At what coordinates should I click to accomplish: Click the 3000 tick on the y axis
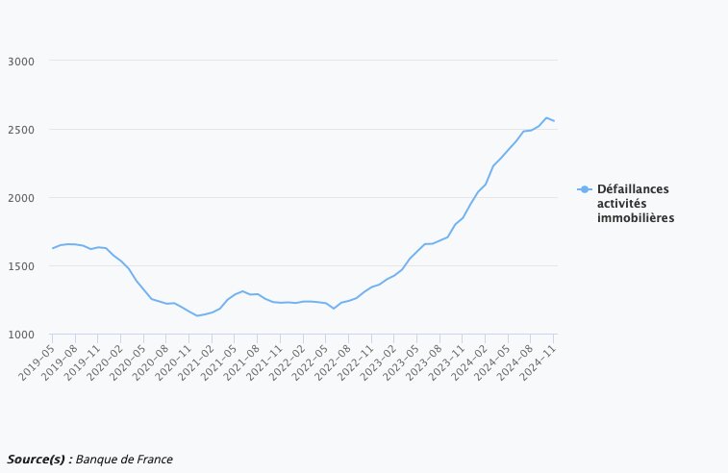pyautogui.click(x=20, y=61)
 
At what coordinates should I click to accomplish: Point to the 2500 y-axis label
pyautogui.click(x=20, y=129)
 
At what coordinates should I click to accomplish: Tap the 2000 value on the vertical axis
pyautogui.click(x=20, y=197)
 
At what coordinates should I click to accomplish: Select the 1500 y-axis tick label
pyautogui.click(x=20, y=265)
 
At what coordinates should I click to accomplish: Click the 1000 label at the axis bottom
pyautogui.click(x=20, y=334)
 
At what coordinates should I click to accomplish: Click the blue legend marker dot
pyautogui.click(x=585, y=189)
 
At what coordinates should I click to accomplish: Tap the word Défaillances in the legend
pyautogui.click(x=633, y=189)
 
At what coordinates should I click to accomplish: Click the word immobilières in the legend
pyautogui.click(x=635, y=218)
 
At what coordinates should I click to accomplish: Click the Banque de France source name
pyautogui.click(x=124, y=459)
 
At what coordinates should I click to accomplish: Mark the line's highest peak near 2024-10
pyautogui.click(x=546, y=117)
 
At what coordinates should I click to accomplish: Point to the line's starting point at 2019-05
pyautogui.click(x=53, y=248)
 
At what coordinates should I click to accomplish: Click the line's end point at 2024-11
pyautogui.click(x=554, y=121)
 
